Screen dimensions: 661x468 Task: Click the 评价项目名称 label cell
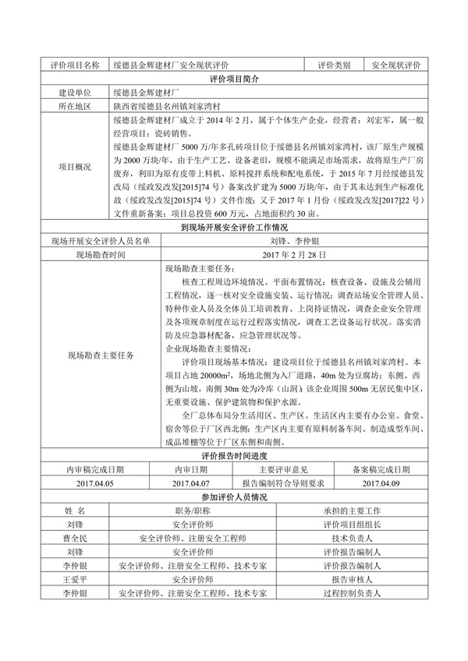(75, 65)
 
